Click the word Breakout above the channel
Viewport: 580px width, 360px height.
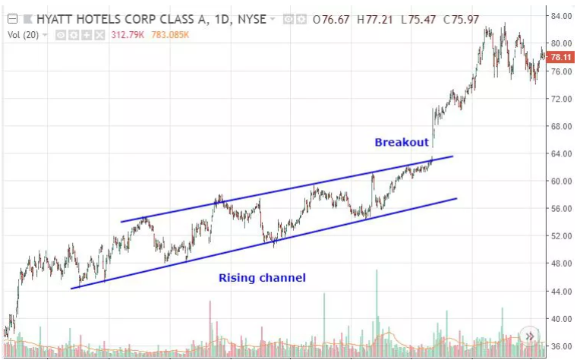coord(402,142)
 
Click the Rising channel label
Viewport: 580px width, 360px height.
coord(262,278)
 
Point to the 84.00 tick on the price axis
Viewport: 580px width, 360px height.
coord(561,16)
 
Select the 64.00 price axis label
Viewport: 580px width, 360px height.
coord(561,153)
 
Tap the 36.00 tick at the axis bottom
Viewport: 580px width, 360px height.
coord(561,346)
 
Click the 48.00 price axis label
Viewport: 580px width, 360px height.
coord(561,264)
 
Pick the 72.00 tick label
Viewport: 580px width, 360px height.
coord(561,99)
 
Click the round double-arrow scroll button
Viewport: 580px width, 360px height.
coord(529,336)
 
